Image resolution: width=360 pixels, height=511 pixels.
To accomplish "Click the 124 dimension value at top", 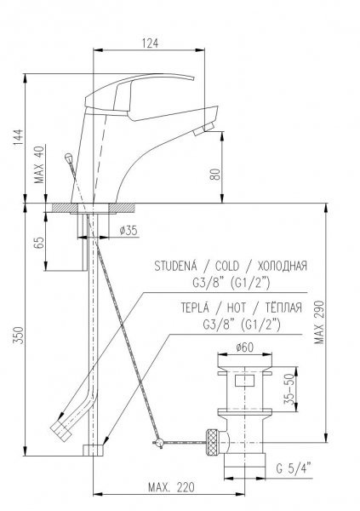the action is [150, 43].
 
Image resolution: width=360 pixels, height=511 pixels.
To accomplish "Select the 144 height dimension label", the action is [19, 137].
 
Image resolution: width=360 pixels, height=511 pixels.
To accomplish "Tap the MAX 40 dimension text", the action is [39, 164].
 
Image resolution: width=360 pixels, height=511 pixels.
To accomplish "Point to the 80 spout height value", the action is [215, 175].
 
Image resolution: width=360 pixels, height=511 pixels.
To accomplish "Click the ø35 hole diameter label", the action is [129, 231].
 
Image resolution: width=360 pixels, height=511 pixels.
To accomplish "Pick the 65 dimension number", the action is [39, 243].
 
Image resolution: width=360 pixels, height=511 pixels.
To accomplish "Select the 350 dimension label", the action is [18, 335].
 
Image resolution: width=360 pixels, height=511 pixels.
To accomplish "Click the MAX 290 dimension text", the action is [319, 322].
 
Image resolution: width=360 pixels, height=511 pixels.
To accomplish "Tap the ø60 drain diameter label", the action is [244, 347].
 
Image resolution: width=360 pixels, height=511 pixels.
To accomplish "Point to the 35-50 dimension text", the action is [289, 389].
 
